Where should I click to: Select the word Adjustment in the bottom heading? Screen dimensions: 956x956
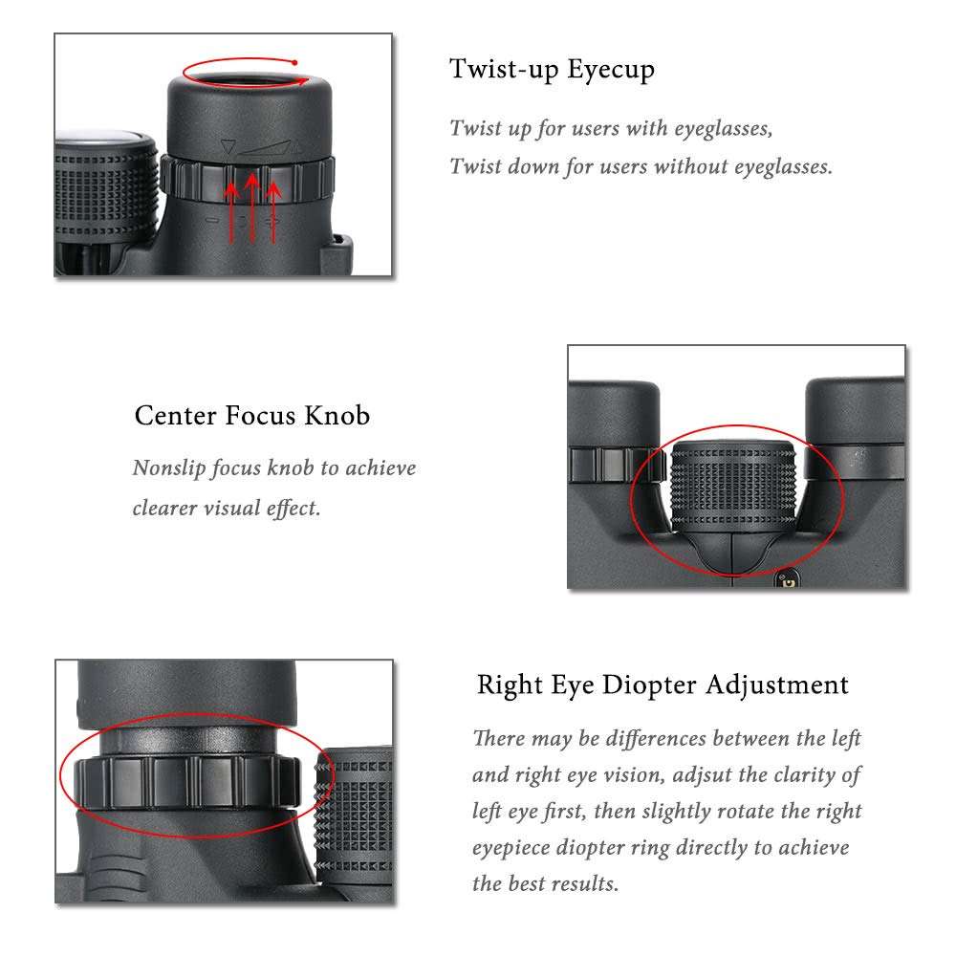point(777,684)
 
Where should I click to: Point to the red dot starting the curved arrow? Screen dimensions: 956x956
point(298,63)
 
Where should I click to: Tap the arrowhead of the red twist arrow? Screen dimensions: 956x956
point(305,81)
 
